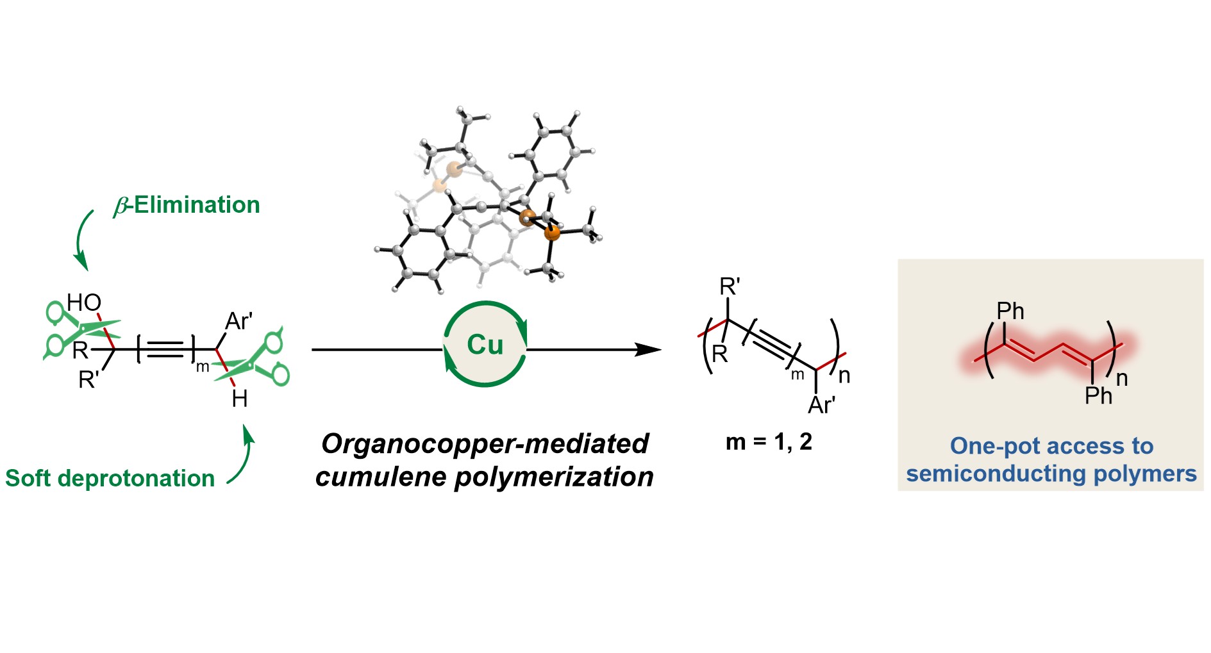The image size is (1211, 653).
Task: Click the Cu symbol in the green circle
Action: point(485,345)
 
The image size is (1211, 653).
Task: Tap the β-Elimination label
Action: point(187,205)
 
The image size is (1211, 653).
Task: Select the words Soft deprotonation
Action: point(110,478)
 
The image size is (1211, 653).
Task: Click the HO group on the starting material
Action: point(84,302)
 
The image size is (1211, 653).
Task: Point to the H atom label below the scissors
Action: point(240,399)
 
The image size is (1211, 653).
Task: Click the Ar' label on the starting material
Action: point(239,321)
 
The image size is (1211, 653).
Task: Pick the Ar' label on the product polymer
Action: point(821,405)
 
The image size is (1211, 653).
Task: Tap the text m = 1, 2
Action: point(769,442)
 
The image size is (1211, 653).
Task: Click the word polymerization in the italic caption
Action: point(554,477)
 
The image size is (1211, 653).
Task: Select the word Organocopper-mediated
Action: point(485,443)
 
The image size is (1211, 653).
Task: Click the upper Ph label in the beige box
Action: point(1010,311)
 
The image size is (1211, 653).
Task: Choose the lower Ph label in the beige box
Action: point(1098,396)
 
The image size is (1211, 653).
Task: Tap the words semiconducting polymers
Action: point(1051,474)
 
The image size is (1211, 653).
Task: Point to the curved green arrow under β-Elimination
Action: point(81,241)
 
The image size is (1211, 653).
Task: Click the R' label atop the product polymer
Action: point(730,286)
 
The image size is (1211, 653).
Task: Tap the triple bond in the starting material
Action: point(166,349)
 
